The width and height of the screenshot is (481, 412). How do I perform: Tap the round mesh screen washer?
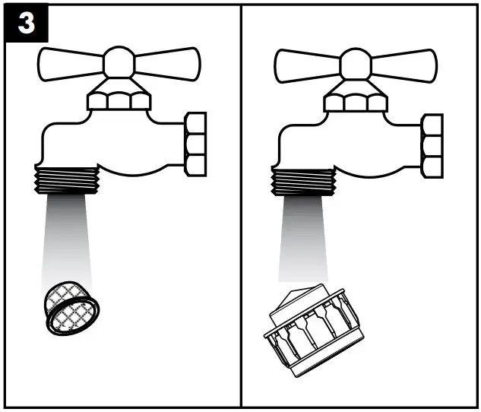click(x=71, y=306)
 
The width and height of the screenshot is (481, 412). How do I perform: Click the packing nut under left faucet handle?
click(x=118, y=100)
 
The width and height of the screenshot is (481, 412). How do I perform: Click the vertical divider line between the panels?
click(x=242, y=228)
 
